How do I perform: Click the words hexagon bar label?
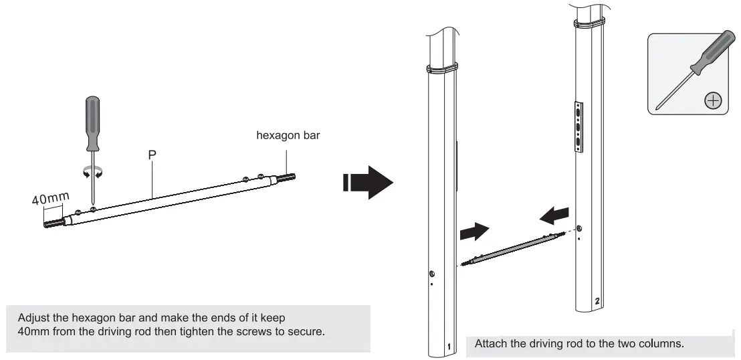coord(288,136)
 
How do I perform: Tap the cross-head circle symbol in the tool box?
coord(713,101)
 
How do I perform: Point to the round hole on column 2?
coord(578,229)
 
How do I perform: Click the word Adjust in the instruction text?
coord(34,317)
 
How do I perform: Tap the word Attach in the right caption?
coord(489,344)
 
